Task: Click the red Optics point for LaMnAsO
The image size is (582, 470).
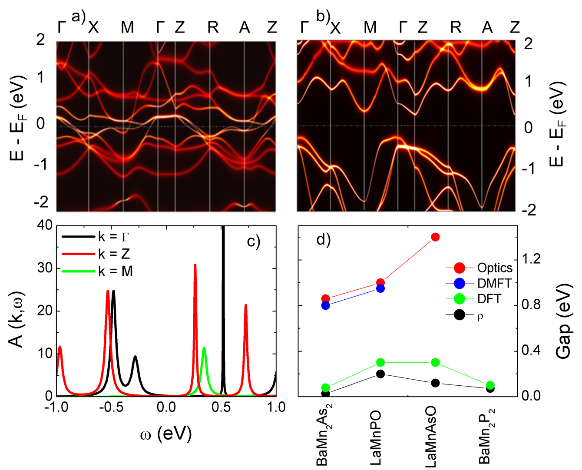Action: click(x=435, y=237)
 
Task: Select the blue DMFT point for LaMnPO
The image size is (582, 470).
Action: click(x=380, y=288)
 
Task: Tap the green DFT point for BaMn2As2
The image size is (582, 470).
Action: click(x=326, y=387)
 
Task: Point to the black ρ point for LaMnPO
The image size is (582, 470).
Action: click(x=380, y=374)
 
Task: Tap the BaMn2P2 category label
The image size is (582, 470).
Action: click(x=486, y=439)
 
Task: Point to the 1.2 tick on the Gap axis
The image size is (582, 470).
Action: click(x=531, y=260)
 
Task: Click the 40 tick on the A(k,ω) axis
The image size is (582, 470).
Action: click(x=45, y=225)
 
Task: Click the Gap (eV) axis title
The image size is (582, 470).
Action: click(x=564, y=321)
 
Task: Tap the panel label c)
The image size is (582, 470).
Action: click(x=254, y=241)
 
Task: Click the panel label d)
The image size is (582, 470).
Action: click(x=324, y=239)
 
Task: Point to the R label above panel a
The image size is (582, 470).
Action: click(x=213, y=28)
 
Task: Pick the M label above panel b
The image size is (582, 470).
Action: click(x=370, y=28)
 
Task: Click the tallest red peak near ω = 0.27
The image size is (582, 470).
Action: click(x=195, y=265)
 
